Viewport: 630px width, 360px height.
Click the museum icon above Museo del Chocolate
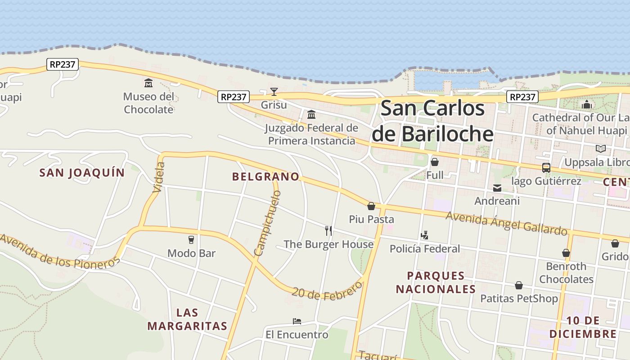[x=148, y=83]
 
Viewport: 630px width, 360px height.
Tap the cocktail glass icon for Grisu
[x=274, y=92]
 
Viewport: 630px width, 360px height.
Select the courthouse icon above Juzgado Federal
[x=311, y=115]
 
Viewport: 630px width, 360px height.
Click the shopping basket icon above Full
[x=435, y=162]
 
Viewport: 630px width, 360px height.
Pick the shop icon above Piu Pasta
[x=371, y=206]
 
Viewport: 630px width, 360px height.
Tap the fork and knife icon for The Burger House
[x=328, y=231]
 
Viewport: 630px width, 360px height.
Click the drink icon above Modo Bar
[x=191, y=240]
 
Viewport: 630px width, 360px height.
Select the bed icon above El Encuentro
[x=297, y=321]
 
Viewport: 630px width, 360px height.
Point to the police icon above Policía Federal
[x=424, y=235]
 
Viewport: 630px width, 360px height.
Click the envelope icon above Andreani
[x=497, y=188]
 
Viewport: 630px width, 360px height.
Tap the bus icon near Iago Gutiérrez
[x=546, y=168]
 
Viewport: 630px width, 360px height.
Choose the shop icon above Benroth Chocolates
[x=566, y=253]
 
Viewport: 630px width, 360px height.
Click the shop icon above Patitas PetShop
[x=519, y=285]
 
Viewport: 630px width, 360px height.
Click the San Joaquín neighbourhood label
[x=82, y=172]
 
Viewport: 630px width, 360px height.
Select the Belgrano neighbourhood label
[x=265, y=176]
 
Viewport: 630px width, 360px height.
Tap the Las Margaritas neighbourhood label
[x=187, y=319]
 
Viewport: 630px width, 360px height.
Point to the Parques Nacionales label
[x=436, y=282]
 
